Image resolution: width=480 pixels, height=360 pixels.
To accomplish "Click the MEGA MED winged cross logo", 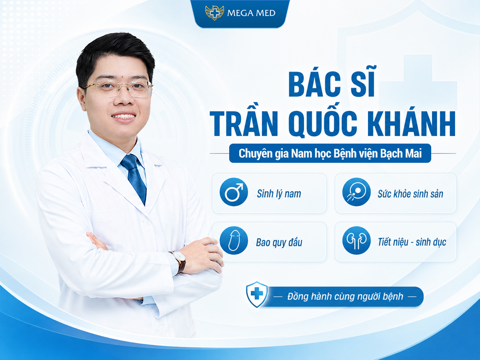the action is pyautogui.click(x=214, y=13).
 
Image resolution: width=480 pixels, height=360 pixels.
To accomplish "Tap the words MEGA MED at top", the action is pyautogui.click(x=251, y=13).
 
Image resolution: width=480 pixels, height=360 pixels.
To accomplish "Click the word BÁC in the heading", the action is pyautogui.click(x=314, y=84).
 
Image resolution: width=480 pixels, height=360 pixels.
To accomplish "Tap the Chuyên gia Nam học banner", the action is pyautogui.click(x=330, y=153).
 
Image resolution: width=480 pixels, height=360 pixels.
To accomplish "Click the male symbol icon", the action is pyautogui.click(x=234, y=192).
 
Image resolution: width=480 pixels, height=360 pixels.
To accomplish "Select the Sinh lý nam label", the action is pyautogui.click(x=279, y=194).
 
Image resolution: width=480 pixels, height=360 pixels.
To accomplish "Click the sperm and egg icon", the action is pyautogui.click(x=356, y=192).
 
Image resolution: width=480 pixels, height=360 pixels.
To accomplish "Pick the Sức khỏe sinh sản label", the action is pyautogui.click(x=410, y=194).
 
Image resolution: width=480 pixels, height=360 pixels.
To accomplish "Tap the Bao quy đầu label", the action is pyautogui.click(x=279, y=242).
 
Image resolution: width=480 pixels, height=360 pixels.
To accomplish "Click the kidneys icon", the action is pyautogui.click(x=356, y=240).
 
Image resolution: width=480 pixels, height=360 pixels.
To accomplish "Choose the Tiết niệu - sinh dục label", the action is pyautogui.click(x=412, y=242).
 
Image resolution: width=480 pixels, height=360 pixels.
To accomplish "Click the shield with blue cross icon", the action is pyautogui.click(x=257, y=294).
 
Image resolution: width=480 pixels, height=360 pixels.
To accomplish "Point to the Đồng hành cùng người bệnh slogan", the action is pyautogui.click(x=345, y=297).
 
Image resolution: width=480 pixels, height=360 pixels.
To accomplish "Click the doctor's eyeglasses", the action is pyautogui.click(x=118, y=88).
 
